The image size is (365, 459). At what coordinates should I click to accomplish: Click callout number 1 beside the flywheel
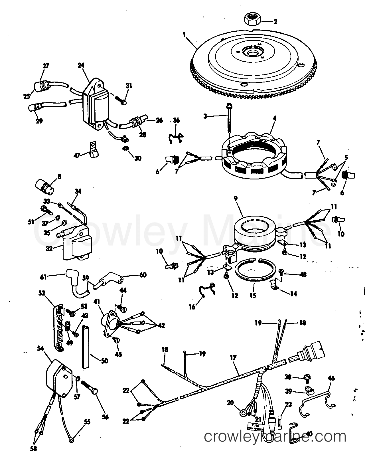click(x=184, y=35)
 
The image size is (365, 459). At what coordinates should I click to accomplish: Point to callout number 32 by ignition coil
click(x=49, y=248)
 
